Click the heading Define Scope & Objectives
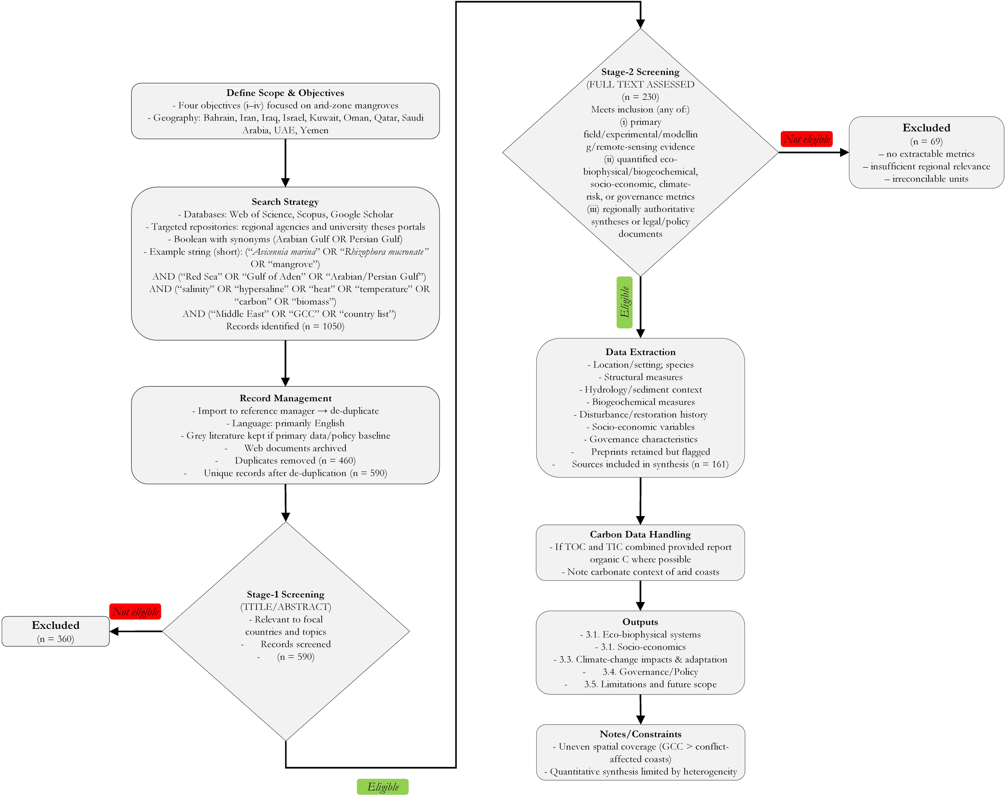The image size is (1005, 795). tap(285, 92)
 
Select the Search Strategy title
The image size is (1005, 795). tap(285, 201)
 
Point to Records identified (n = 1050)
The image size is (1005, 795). tap(285, 326)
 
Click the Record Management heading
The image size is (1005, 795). tap(285, 398)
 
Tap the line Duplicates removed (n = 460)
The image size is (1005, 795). tap(295, 460)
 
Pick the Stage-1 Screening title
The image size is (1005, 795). tap(285, 594)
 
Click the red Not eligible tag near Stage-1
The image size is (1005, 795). tap(135, 612)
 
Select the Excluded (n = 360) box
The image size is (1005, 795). tap(55, 631)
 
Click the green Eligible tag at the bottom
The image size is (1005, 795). tap(382, 787)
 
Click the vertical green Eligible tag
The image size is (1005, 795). tap(624, 302)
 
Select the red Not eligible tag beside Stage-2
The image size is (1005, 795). tap(806, 139)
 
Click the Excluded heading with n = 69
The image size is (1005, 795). tap(926, 128)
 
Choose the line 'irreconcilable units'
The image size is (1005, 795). tap(926, 179)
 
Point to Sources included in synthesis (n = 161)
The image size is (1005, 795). tap(650, 464)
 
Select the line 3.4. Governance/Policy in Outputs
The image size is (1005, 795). tap(650, 672)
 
